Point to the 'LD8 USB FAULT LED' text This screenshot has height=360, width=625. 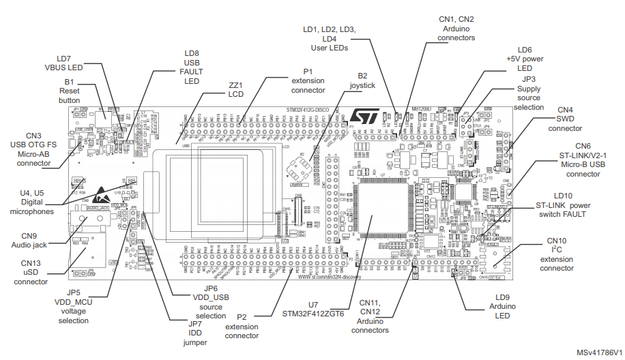(x=192, y=67)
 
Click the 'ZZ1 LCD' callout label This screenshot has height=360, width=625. (x=236, y=89)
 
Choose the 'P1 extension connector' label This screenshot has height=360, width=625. (x=308, y=80)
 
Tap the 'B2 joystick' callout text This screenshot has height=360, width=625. (x=362, y=80)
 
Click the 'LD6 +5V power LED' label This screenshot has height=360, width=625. (x=524, y=59)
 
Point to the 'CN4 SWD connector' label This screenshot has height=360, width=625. (x=566, y=119)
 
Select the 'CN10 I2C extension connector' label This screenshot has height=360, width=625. (x=557, y=254)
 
